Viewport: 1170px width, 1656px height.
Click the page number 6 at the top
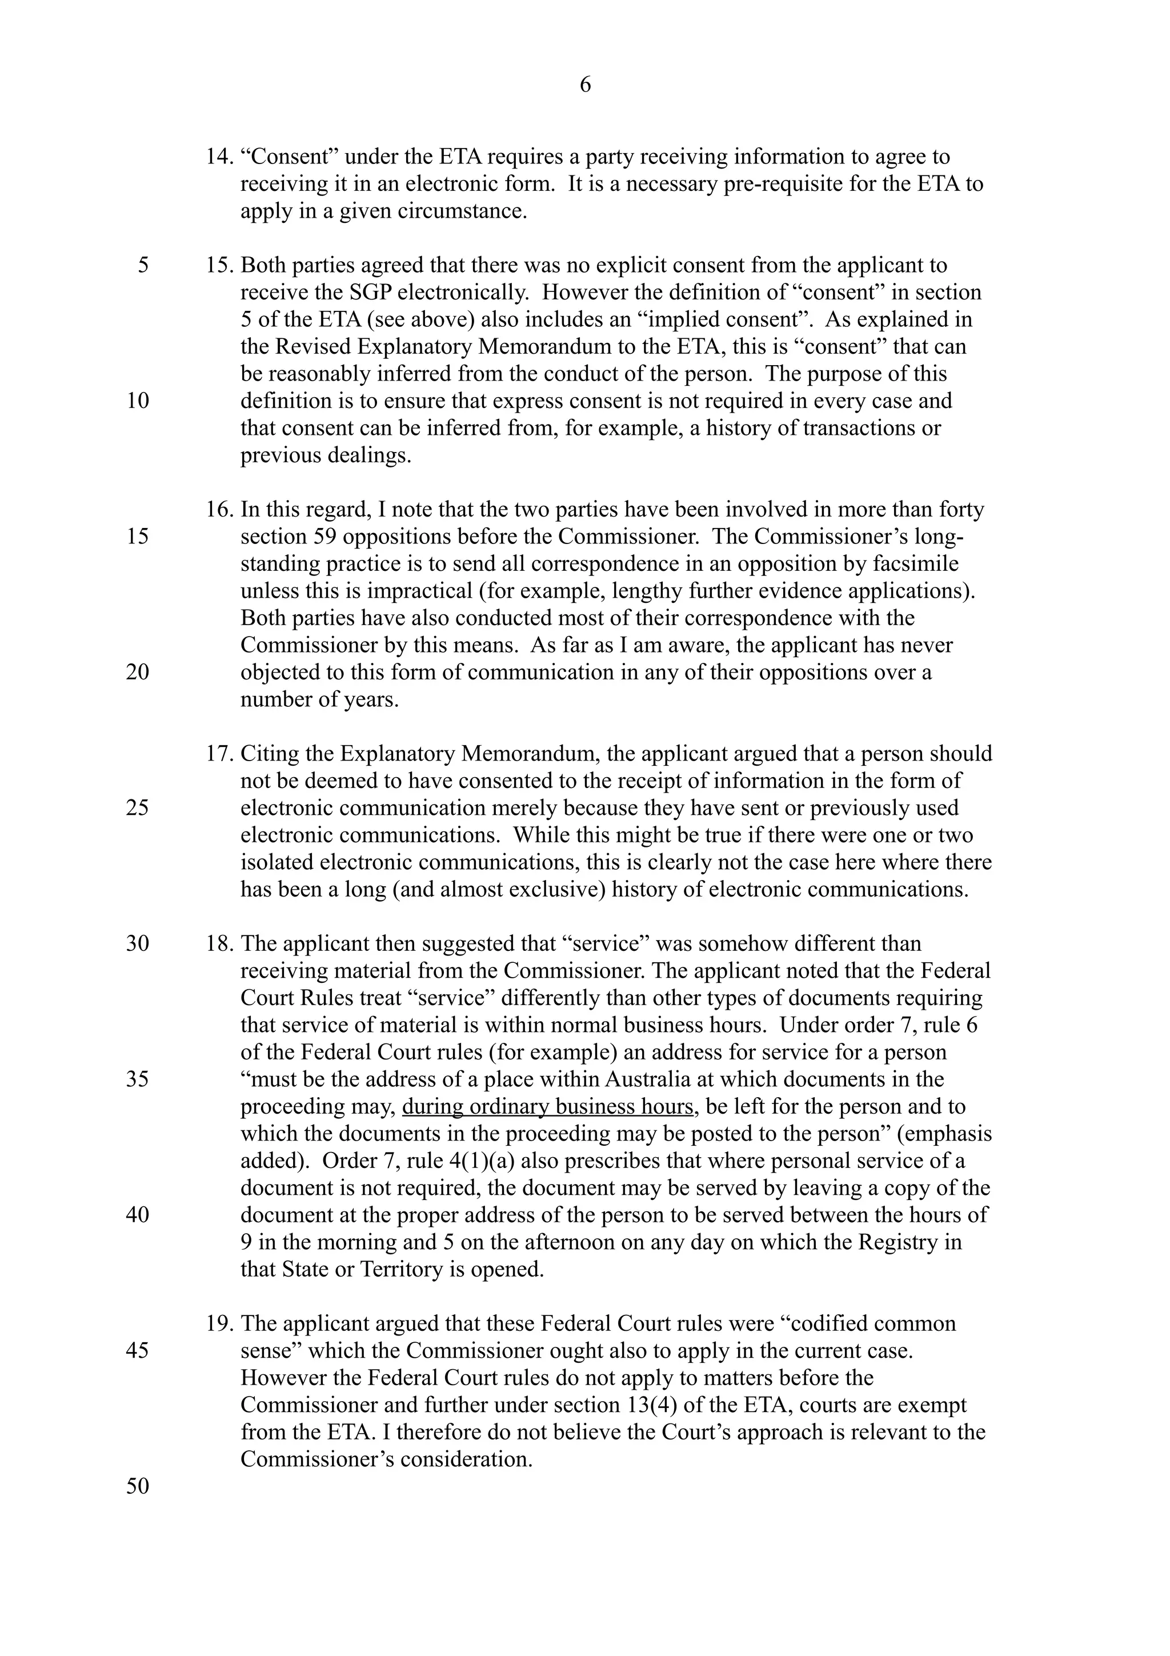[x=584, y=85]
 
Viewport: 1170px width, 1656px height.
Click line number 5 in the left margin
[x=143, y=265]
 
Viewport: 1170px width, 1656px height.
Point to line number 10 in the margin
[x=137, y=401]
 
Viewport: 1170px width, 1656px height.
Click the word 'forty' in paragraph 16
[x=961, y=509]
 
